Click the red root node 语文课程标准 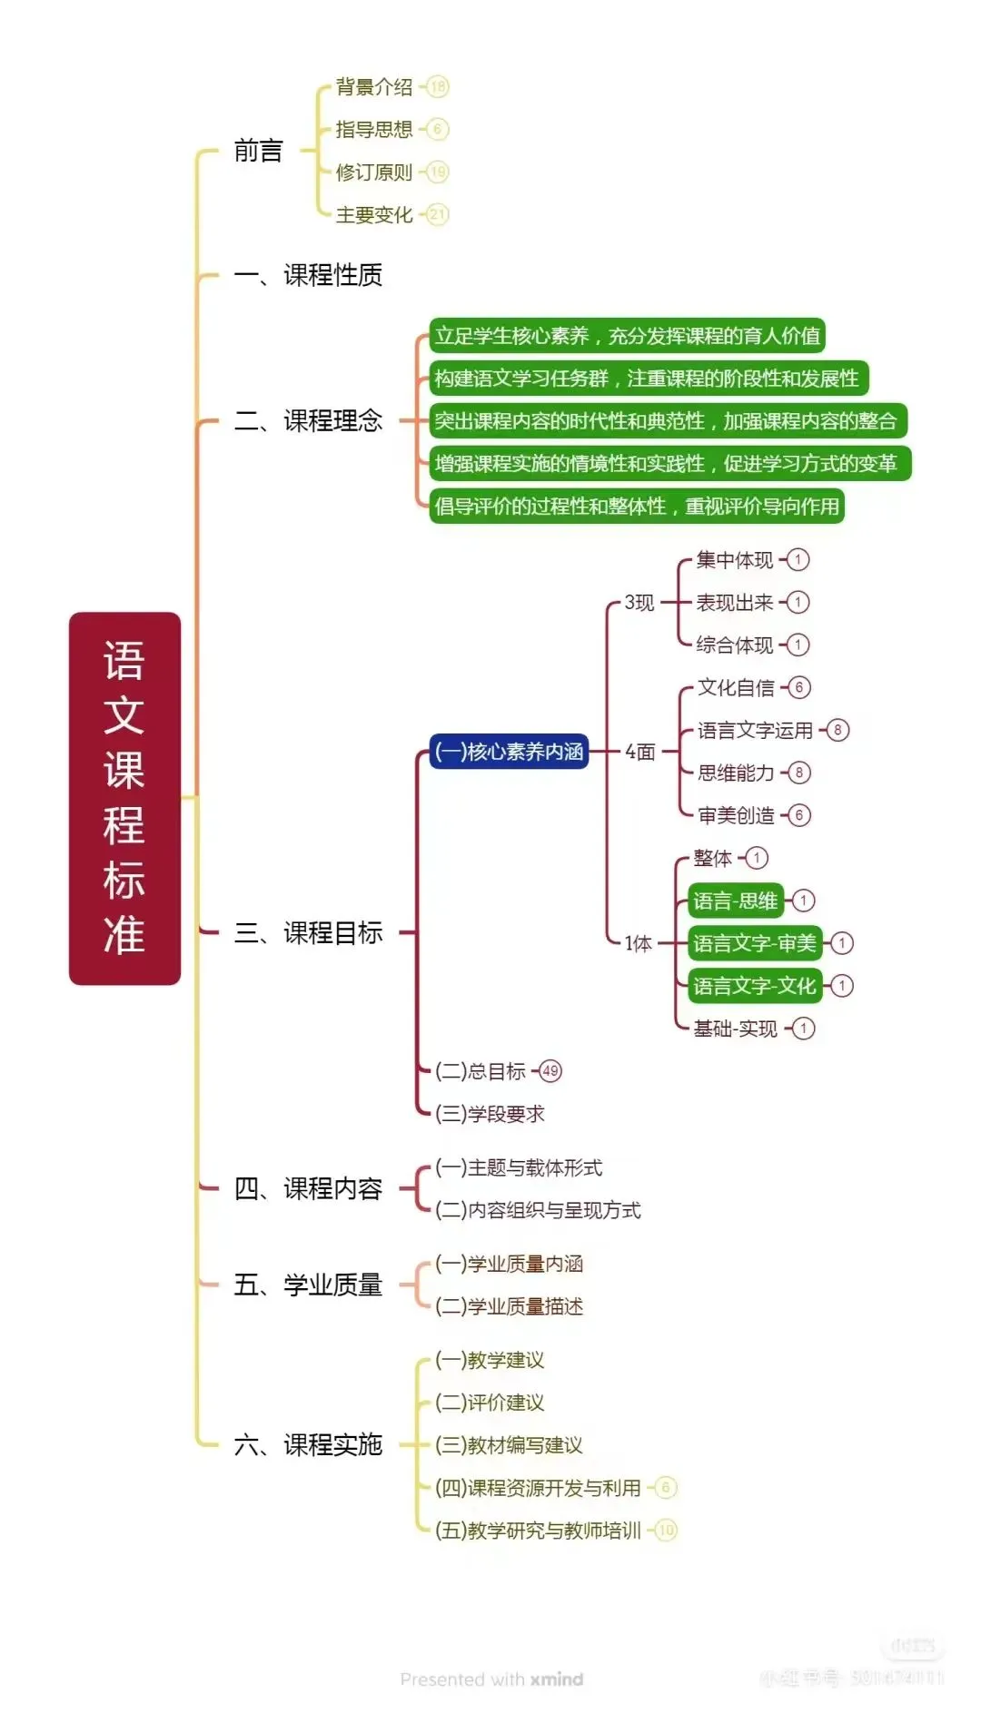(x=124, y=798)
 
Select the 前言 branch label (x=259, y=151)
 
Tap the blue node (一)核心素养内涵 (x=509, y=752)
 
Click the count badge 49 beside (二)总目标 (x=550, y=1071)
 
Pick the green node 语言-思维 (x=735, y=901)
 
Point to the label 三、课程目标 (x=308, y=932)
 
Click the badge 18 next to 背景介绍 (x=438, y=87)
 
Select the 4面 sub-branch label (x=640, y=752)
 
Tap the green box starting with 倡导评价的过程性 (x=637, y=507)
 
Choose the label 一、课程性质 (x=308, y=275)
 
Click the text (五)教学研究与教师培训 (x=538, y=1531)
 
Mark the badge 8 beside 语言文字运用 (x=837, y=730)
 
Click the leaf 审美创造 (x=736, y=815)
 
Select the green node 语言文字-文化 (x=754, y=986)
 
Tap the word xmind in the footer (x=557, y=1679)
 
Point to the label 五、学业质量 (x=308, y=1285)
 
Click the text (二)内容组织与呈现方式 (x=538, y=1210)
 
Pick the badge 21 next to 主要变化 (x=438, y=215)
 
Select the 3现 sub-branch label (x=639, y=603)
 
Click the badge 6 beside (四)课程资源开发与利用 (x=666, y=1488)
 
